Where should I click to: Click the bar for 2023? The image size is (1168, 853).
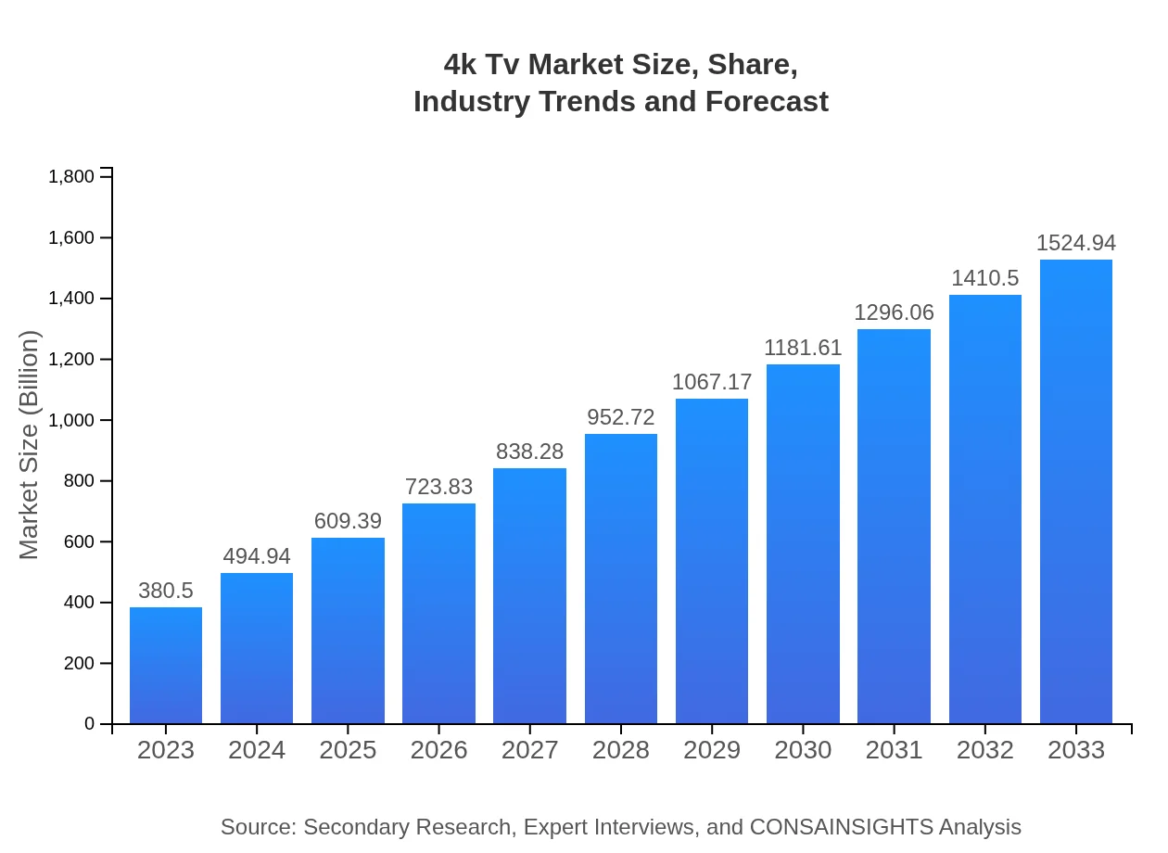pyautogui.click(x=166, y=665)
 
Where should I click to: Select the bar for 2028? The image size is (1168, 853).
pyautogui.click(x=621, y=579)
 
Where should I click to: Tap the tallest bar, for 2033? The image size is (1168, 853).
pyautogui.click(x=1076, y=491)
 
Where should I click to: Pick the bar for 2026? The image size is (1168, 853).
pyautogui.click(x=438, y=613)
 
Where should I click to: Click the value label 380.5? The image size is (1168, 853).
pyautogui.click(x=166, y=591)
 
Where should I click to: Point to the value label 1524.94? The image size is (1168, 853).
pyautogui.click(x=1076, y=243)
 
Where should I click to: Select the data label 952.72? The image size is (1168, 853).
pyautogui.click(x=621, y=417)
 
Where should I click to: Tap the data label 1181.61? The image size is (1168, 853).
pyautogui.click(x=803, y=348)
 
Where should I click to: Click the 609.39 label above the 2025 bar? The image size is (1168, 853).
pyautogui.click(x=348, y=521)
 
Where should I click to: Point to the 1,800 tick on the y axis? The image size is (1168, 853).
pyautogui.click(x=71, y=177)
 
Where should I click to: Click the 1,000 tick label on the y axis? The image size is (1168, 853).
pyautogui.click(x=71, y=420)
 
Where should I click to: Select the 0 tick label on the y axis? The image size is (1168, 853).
pyautogui.click(x=90, y=724)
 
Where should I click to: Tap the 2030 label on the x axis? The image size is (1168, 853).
pyautogui.click(x=803, y=750)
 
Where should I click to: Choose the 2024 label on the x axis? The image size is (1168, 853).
pyautogui.click(x=257, y=750)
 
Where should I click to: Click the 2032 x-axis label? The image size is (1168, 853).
pyautogui.click(x=985, y=750)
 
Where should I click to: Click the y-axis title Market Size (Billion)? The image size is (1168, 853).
pyautogui.click(x=30, y=445)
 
